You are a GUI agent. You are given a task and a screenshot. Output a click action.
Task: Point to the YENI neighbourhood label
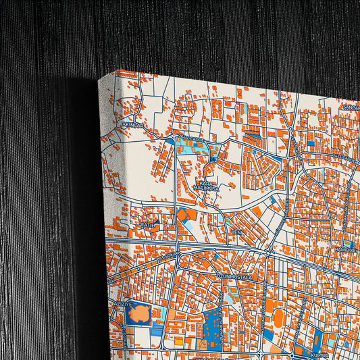(x=236, y=232)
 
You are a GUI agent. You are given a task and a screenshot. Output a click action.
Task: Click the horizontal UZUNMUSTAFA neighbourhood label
(x=234, y=276)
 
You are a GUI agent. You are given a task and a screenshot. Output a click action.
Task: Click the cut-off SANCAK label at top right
(x=351, y=107)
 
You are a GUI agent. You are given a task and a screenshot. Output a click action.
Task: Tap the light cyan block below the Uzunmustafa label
(x=233, y=295)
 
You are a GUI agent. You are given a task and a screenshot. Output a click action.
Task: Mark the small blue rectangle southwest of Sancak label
(x=311, y=143)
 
